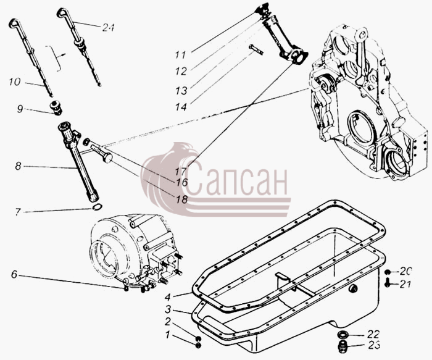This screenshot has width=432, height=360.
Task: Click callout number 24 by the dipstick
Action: (x=108, y=27)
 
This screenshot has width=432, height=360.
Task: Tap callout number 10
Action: (x=15, y=82)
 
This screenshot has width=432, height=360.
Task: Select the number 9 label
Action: (x=20, y=109)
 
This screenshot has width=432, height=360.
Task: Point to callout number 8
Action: (x=18, y=166)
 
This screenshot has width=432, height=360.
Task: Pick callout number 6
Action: (x=14, y=274)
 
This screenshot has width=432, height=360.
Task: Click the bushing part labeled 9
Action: (x=57, y=108)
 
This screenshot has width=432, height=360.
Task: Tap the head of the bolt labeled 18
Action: (x=108, y=158)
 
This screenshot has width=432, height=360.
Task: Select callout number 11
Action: (x=180, y=55)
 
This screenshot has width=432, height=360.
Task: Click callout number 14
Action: (x=181, y=107)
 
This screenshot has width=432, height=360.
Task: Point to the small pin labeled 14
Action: (x=256, y=49)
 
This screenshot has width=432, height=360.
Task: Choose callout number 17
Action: (x=181, y=171)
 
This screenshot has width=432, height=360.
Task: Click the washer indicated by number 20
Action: (x=388, y=272)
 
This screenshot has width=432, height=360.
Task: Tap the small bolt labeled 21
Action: (x=388, y=283)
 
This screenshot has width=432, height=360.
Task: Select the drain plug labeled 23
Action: (x=342, y=346)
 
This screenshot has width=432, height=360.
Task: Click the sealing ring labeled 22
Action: (x=343, y=335)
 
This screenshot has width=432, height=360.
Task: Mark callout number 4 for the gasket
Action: (x=167, y=297)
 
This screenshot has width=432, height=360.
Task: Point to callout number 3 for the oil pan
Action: (x=168, y=309)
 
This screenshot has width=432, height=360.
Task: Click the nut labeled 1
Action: (x=198, y=345)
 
